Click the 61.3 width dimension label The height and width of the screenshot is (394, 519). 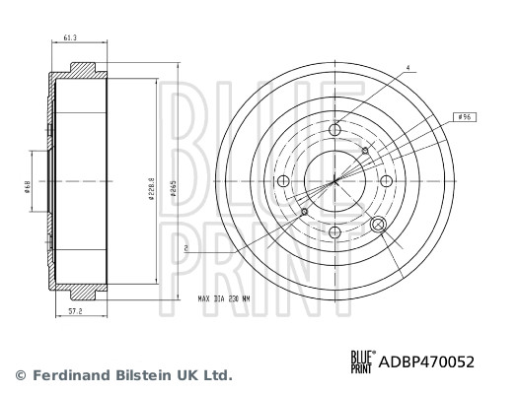68,37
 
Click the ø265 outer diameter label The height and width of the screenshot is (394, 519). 174,187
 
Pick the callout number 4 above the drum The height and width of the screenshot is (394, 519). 406,67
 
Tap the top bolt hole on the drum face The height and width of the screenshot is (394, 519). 335,128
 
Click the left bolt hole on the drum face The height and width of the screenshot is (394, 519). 284,180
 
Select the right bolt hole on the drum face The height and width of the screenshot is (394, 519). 387,180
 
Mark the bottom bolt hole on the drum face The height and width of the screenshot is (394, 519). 335,231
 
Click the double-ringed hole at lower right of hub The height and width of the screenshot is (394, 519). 377,225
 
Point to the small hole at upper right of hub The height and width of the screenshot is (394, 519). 365,150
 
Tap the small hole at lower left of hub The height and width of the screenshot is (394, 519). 305,211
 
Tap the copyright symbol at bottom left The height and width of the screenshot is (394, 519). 21,375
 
